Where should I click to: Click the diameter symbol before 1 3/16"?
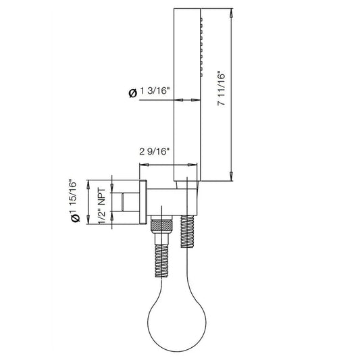132,95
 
